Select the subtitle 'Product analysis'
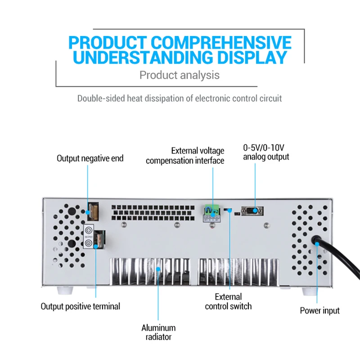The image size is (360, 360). tap(180, 75)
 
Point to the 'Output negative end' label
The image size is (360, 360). tap(90, 158)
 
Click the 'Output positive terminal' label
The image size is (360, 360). tap(81, 306)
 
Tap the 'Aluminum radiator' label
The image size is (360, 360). tap(158, 332)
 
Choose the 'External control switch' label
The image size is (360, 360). tap(228, 301)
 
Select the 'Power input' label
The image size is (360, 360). tap(320, 310)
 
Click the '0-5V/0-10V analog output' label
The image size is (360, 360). tap(266, 152)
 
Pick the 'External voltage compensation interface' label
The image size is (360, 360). tap(185, 156)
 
